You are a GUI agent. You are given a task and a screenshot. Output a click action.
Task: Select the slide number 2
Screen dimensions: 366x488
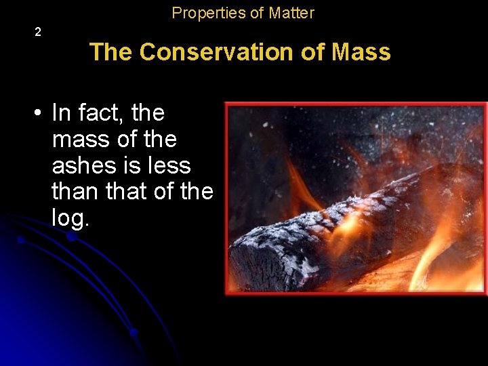pos(38,32)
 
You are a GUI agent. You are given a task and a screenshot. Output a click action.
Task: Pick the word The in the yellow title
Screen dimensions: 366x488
pos(112,52)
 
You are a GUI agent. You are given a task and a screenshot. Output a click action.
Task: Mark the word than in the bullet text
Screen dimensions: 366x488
pos(76,192)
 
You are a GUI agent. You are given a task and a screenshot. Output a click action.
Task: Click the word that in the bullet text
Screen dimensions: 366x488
pos(127,192)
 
